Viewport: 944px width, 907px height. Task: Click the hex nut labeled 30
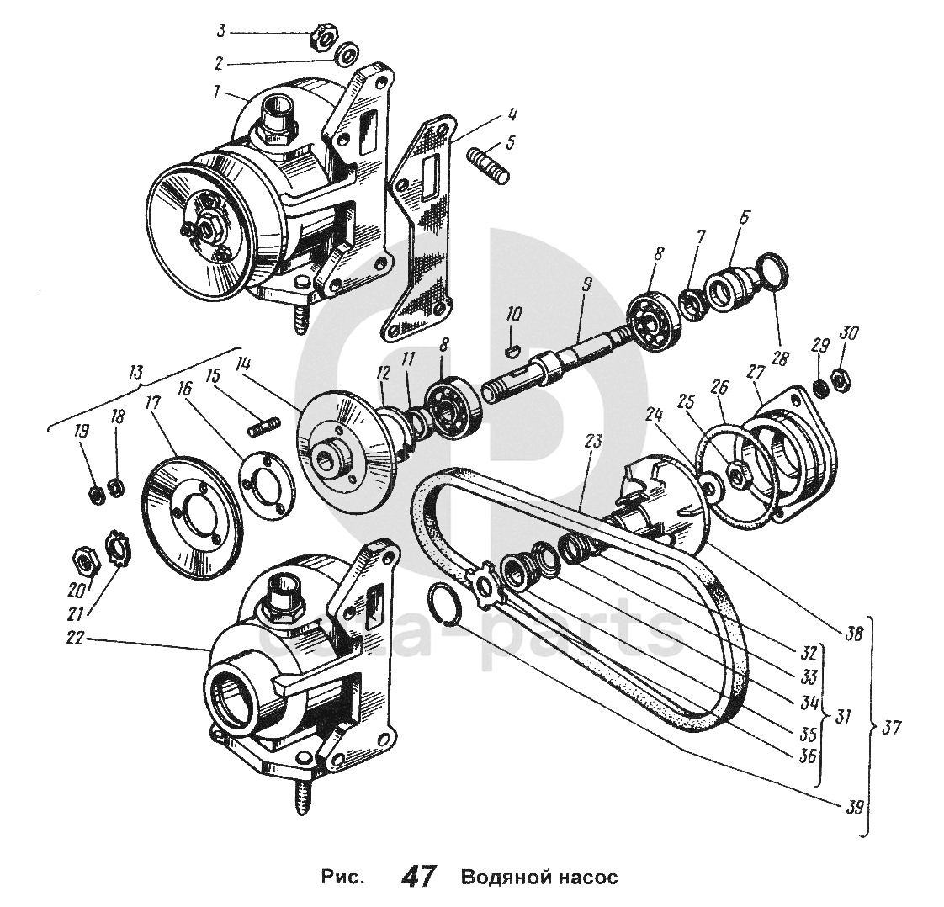pos(839,381)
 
